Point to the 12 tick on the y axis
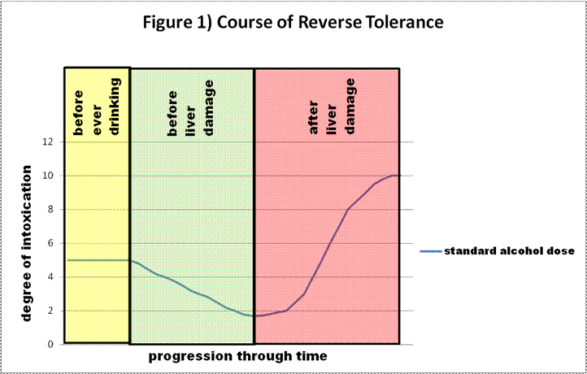(x=49, y=141)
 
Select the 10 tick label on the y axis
(x=49, y=176)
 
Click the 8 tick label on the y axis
(x=51, y=209)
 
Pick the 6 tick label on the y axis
(x=51, y=243)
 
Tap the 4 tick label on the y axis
(x=51, y=277)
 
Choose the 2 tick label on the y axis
(x=51, y=311)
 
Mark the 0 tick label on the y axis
(x=51, y=345)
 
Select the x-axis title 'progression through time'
(x=238, y=356)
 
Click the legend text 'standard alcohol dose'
(x=509, y=251)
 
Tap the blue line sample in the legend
(x=430, y=251)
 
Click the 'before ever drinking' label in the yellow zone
(x=97, y=106)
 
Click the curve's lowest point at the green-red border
(x=256, y=315)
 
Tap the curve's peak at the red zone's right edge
(x=396, y=175)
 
